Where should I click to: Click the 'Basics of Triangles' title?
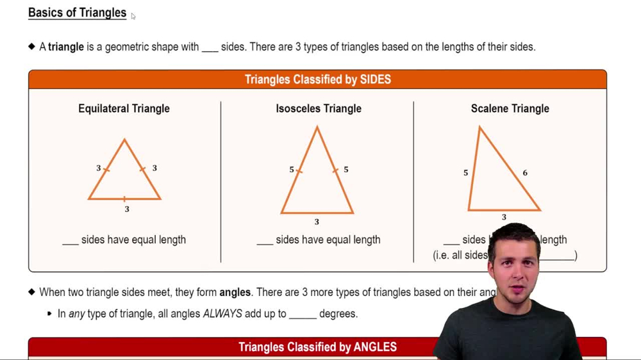(77, 13)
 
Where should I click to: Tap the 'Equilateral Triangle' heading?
(124, 109)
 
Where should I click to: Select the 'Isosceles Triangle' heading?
(319, 109)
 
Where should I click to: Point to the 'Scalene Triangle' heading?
(510, 109)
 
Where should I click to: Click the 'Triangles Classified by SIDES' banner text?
(317, 79)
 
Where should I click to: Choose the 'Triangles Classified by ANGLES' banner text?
(317, 347)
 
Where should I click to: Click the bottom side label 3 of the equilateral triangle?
(127, 209)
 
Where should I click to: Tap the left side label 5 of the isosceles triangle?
(292, 170)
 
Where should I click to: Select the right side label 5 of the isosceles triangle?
(346, 170)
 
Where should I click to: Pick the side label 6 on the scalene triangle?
(525, 173)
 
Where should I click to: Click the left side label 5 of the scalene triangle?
(466, 173)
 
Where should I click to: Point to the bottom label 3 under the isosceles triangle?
(317, 222)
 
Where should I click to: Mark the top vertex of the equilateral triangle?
(124, 140)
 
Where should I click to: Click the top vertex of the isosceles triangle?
(317, 127)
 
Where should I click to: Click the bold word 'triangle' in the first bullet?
(66, 47)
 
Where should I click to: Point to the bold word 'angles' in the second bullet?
(235, 292)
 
